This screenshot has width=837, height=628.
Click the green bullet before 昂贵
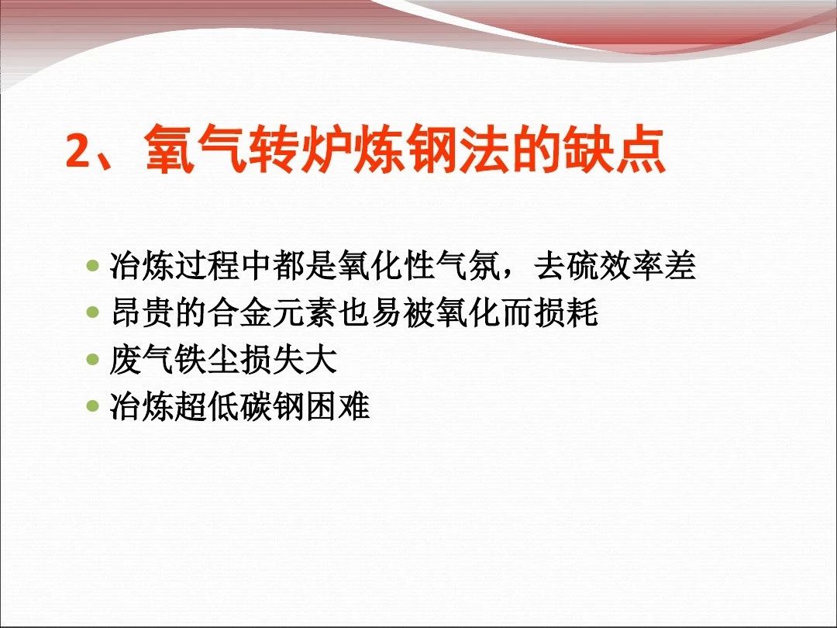(x=93, y=312)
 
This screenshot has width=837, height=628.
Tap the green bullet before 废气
(x=93, y=358)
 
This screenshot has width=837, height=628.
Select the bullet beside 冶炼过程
(x=93, y=265)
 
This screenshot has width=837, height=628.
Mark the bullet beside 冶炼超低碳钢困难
(x=93, y=405)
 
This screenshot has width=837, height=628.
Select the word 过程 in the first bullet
(x=207, y=265)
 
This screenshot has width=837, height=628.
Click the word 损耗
(x=566, y=312)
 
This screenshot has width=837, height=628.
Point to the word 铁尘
(x=207, y=359)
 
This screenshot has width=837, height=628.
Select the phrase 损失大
(x=289, y=359)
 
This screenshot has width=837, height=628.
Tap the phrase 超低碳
(x=223, y=405)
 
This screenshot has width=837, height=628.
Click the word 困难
(x=337, y=405)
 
